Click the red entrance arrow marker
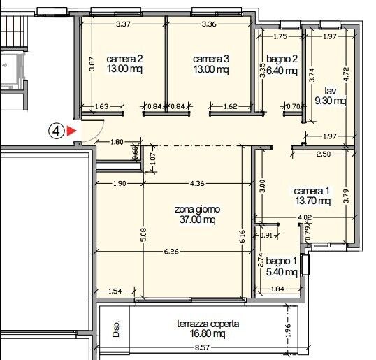71,130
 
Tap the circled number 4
57,130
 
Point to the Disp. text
116,329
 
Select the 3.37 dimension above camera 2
124,24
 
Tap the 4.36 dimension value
198,184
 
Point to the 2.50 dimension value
324,154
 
